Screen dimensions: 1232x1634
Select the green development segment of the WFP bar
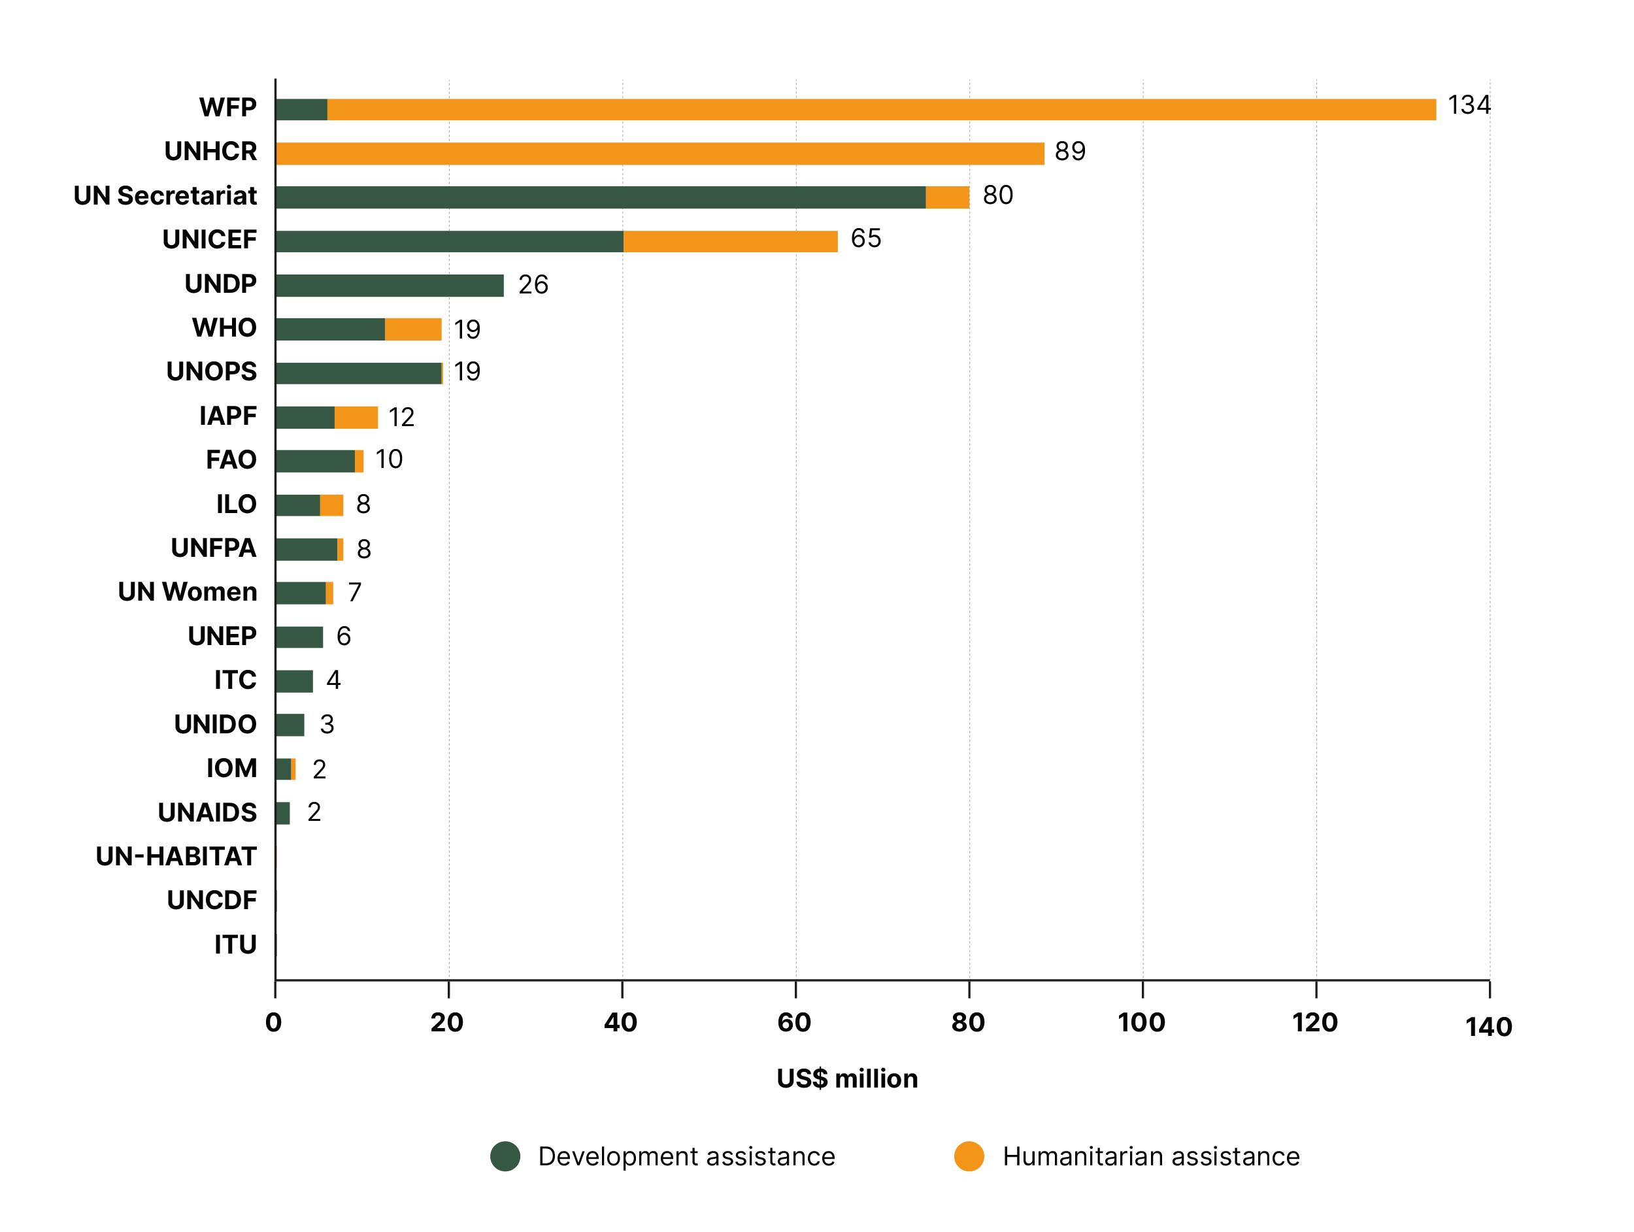[x=301, y=109]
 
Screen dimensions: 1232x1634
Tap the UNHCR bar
[x=659, y=154]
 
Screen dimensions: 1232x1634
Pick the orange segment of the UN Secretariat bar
[x=947, y=197]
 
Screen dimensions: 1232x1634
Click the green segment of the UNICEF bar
[x=449, y=242]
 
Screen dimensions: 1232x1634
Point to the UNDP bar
[x=390, y=285]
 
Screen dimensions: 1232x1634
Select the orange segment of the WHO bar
[x=413, y=329]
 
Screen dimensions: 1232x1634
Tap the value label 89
[x=1070, y=152]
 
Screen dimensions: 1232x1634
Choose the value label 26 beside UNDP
[x=533, y=284]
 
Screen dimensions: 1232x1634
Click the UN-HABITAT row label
[x=176, y=856]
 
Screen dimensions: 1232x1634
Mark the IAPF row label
[x=227, y=416]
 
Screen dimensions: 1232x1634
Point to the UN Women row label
[x=187, y=591]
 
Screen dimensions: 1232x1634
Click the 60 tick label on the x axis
[x=794, y=1022]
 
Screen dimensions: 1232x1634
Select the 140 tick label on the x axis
[x=1488, y=1027]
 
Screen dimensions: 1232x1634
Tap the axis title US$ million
[x=846, y=1078]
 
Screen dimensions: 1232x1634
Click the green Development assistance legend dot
[x=505, y=1156]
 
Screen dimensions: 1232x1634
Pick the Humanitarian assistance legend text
[x=1150, y=1156]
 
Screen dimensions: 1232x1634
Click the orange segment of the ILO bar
[x=331, y=505]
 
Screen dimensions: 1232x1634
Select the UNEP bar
[x=299, y=637]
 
